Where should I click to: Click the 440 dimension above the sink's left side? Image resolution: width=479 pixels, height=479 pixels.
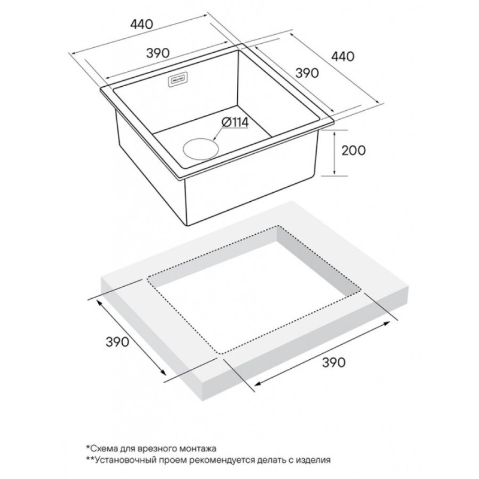click(141, 24)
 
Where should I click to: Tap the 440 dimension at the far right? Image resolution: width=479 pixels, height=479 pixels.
click(343, 56)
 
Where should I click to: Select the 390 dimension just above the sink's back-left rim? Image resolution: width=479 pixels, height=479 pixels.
click(157, 53)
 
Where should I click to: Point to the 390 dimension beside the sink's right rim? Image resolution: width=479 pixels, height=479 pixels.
click(307, 72)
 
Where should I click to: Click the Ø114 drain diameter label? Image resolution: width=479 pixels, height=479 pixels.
click(235, 123)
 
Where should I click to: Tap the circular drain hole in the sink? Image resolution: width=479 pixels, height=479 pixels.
click(201, 148)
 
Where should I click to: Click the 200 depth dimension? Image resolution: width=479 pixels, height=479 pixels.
click(353, 150)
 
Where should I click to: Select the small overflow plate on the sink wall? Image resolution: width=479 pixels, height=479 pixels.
click(179, 80)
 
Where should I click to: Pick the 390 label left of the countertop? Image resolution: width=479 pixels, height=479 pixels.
click(117, 341)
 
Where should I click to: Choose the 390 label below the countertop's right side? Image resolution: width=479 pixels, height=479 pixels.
click(334, 362)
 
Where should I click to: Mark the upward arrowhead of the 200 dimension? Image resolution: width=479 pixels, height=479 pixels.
click(335, 134)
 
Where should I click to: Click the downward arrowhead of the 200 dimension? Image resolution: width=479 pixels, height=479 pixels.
click(335, 172)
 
